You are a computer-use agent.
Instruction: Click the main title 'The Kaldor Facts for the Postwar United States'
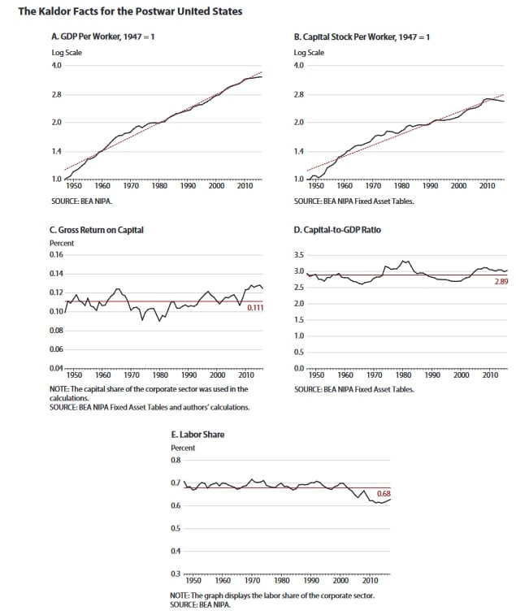pos(130,11)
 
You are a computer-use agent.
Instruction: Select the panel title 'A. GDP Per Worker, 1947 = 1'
pos(103,37)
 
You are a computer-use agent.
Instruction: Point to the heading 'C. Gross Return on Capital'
pos(97,230)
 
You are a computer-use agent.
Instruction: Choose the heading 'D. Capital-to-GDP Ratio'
pos(337,230)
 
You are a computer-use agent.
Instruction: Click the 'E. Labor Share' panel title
pos(197,435)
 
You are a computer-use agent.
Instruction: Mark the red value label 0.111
pos(255,308)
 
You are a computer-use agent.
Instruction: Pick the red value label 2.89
pos(501,281)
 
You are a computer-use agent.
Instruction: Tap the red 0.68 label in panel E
pos(384,494)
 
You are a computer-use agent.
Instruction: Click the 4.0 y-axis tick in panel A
pos(57,65)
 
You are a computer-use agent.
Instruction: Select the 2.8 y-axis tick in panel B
pos(298,94)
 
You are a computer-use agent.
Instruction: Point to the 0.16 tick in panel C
pos(56,254)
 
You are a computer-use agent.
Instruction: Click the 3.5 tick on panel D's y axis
pos(299,255)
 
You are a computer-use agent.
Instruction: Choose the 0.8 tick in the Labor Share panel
pos(176,460)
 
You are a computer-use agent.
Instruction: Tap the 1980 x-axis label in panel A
pos(159,186)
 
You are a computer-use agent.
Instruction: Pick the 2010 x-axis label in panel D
pos(490,375)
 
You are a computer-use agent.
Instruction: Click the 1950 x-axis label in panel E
pos(193,581)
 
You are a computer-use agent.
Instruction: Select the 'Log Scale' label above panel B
pos(310,53)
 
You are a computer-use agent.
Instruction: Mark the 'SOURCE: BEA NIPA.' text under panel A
pos(81,201)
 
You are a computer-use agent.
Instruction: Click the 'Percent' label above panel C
pos(62,243)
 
